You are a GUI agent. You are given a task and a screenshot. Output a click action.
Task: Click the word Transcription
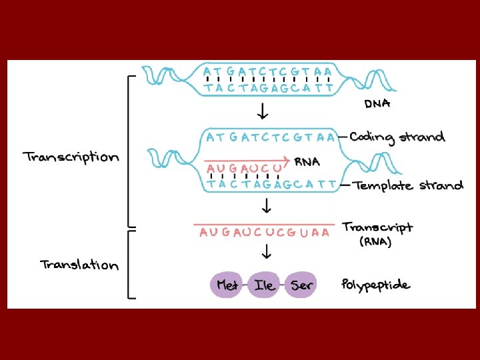(71, 157)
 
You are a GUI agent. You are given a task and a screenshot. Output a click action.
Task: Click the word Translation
(79, 265)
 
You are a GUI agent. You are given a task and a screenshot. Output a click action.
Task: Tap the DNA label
(377, 103)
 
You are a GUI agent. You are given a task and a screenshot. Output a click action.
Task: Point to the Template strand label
(408, 185)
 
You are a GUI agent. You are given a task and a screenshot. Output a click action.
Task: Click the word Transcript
(377, 227)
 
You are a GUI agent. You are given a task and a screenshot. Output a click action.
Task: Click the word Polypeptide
(375, 285)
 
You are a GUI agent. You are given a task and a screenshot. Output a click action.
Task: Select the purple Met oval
(228, 285)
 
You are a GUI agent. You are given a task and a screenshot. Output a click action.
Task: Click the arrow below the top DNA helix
(265, 109)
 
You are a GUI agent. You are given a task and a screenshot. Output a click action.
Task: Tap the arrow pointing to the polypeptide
(266, 252)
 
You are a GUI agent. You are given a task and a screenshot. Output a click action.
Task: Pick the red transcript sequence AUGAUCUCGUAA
(264, 233)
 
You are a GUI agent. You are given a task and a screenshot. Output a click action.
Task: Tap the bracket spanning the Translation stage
(131, 265)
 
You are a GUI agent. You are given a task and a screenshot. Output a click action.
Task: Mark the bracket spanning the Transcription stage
(131, 151)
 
